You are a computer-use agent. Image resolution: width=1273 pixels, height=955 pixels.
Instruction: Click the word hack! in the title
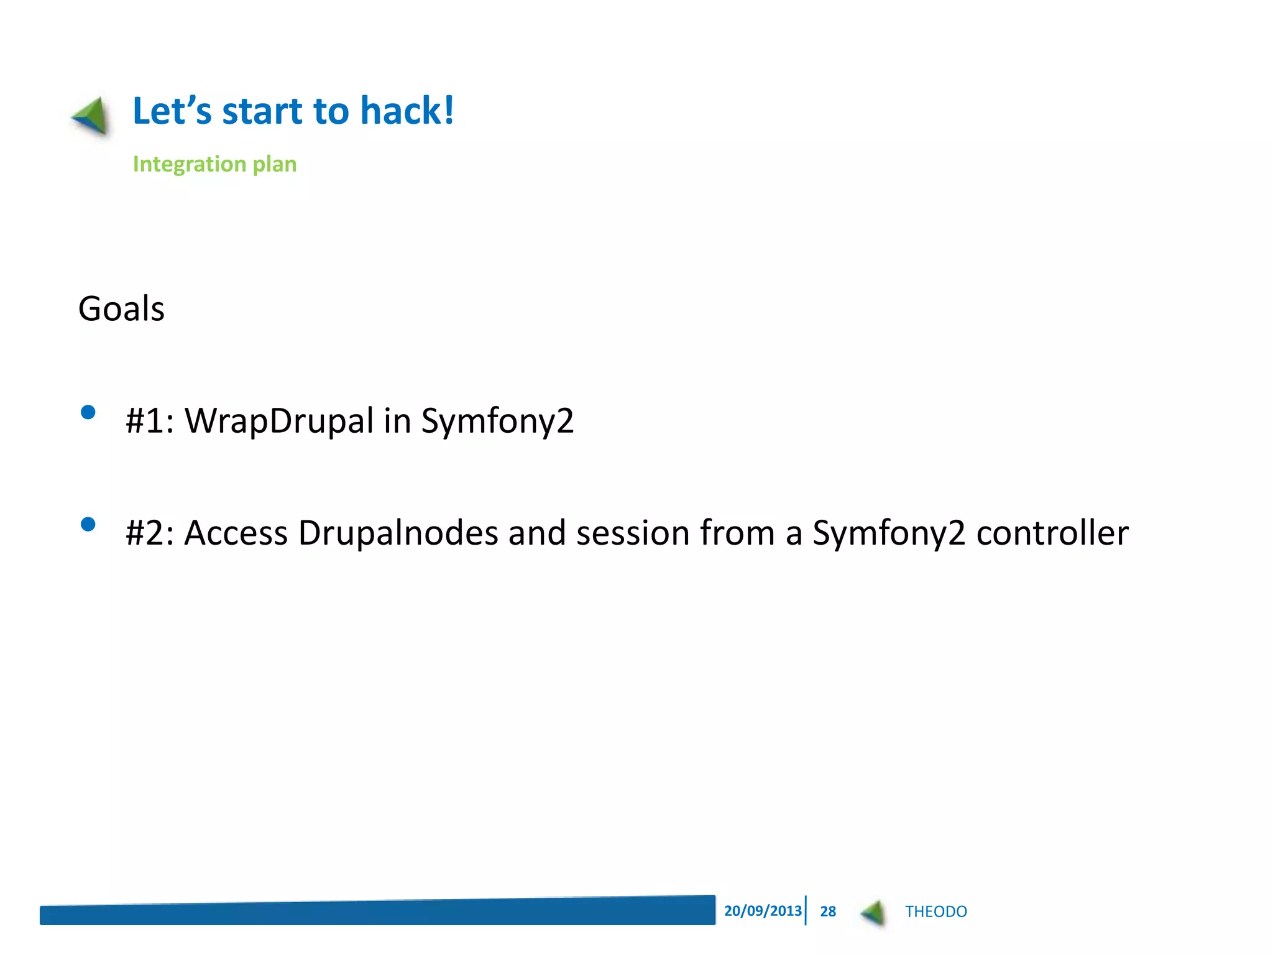(407, 111)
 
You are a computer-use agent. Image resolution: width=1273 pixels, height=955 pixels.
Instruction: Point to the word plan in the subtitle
(274, 165)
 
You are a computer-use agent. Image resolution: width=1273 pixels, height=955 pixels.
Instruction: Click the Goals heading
(121, 308)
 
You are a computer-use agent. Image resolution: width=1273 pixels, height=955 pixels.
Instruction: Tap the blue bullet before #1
(88, 412)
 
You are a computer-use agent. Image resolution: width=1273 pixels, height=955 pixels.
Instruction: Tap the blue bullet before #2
(88, 524)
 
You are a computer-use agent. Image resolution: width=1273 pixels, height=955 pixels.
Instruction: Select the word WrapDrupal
(279, 420)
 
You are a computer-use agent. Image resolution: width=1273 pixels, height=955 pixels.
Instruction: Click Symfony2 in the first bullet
(497, 422)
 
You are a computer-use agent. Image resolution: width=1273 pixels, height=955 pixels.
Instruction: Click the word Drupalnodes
(398, 533)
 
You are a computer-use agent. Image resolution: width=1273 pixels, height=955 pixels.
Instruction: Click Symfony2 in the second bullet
(889, 533)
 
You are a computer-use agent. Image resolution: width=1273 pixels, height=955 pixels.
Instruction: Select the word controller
(1052, 533)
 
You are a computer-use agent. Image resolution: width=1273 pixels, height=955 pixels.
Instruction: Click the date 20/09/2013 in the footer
(763, 911)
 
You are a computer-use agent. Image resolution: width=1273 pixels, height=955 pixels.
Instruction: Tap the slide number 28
(828, 911)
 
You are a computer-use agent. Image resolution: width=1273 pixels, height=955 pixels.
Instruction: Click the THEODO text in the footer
(935, 911)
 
